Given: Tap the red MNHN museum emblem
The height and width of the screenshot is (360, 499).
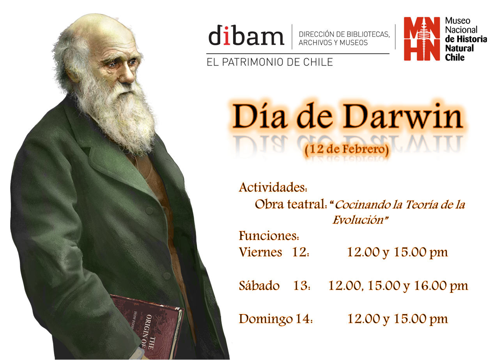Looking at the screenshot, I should [422, 39].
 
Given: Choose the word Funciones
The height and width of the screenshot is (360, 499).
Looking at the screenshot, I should [269, 236].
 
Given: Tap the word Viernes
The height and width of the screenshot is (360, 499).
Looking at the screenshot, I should [260, 252].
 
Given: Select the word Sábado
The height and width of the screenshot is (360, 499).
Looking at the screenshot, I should [259, 286].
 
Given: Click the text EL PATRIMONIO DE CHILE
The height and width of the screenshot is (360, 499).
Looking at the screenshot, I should [270, 62].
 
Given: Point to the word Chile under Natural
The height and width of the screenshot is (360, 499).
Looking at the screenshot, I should [455, 57].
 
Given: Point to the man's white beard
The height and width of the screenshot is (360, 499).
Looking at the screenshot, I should [117, 117].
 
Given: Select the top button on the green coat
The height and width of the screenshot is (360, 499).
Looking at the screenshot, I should [149, 210].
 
